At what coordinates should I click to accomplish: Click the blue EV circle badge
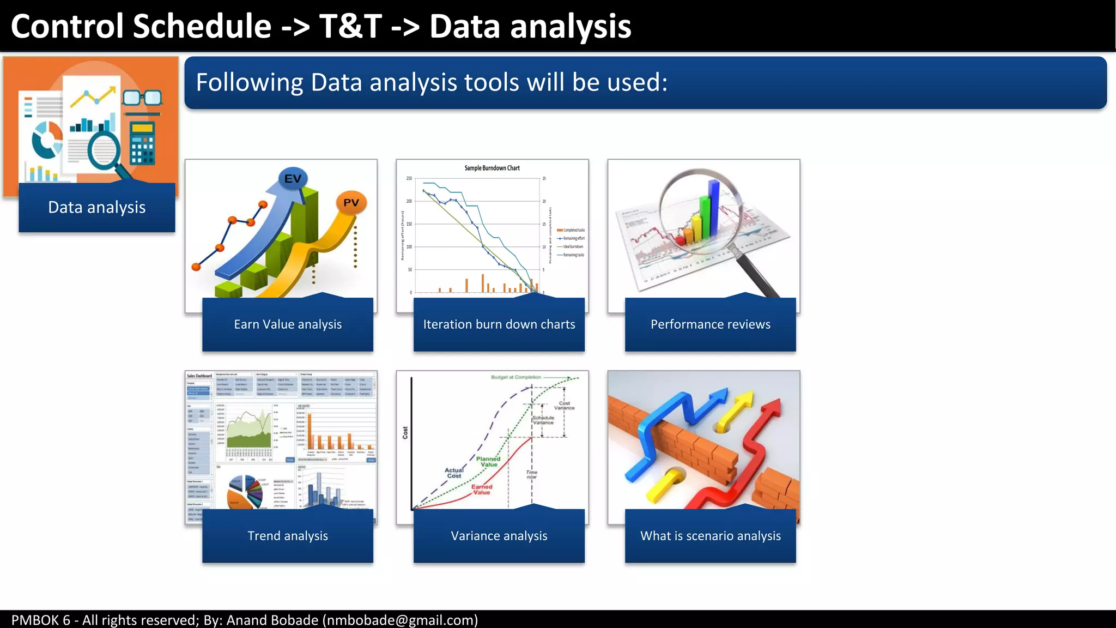pos(293,179)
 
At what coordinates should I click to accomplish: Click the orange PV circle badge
pos(351,203)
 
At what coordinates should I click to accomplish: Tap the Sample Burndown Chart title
pos(492,168)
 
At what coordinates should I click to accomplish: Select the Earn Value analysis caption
pos(288,324)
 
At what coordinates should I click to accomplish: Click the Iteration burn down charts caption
pos(499,324)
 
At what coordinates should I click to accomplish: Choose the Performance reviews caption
pos(710,324)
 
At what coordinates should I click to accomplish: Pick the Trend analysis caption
pos(288,536)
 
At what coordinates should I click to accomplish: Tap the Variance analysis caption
pos(499,536)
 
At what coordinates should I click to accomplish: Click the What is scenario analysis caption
pos(710,536)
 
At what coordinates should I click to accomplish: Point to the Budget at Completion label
pos(515,377)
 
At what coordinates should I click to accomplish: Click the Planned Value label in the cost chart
pos(488,462)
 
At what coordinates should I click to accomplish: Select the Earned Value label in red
pos(482,490)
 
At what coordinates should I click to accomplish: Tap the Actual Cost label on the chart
pos(454,473)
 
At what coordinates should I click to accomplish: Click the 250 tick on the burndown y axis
pos(409,179)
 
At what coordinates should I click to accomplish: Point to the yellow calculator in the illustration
pos(143,143)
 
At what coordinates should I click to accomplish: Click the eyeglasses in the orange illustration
pos(142,98)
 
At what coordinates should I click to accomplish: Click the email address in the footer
pos(400,620)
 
